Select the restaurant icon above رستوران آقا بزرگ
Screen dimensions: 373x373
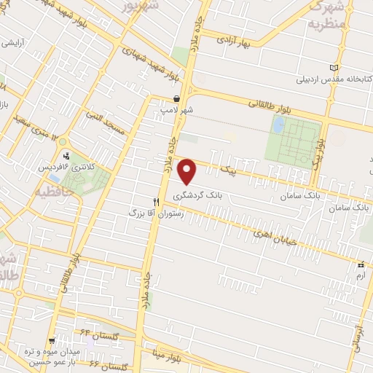click(156, 202)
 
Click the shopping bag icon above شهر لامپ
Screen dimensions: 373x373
click(177, 98)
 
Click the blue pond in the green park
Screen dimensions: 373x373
click(278, 125)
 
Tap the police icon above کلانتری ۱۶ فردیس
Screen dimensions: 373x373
click(68, 155)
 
